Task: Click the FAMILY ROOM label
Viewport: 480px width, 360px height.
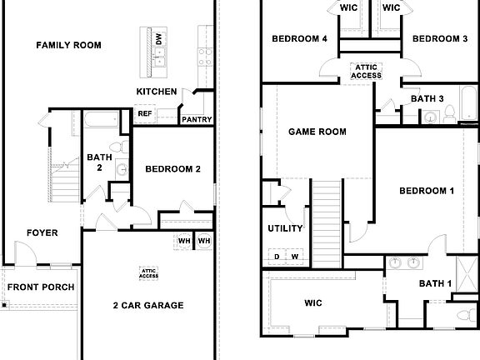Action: pos(70,44)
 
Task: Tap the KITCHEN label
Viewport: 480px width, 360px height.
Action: pos(156,91)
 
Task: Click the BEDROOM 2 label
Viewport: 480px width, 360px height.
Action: pos(172,169)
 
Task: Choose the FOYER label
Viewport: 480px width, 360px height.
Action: pos(42,233)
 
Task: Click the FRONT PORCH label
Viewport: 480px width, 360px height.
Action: pos(41,287)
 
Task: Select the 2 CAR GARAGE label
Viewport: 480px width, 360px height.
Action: pos(148,306)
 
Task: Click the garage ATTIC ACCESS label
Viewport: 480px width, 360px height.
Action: pos(149,272)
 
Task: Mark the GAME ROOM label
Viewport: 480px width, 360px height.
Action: pos(317,132)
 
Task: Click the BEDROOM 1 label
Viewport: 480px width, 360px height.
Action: pos(426,191)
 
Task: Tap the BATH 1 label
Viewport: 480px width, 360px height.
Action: pos(435,283)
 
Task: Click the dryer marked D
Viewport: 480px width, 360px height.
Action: pos(277,256)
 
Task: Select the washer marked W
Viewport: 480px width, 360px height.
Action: pos(295,256)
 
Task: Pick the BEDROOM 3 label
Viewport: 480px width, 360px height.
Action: pos(438,39)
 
